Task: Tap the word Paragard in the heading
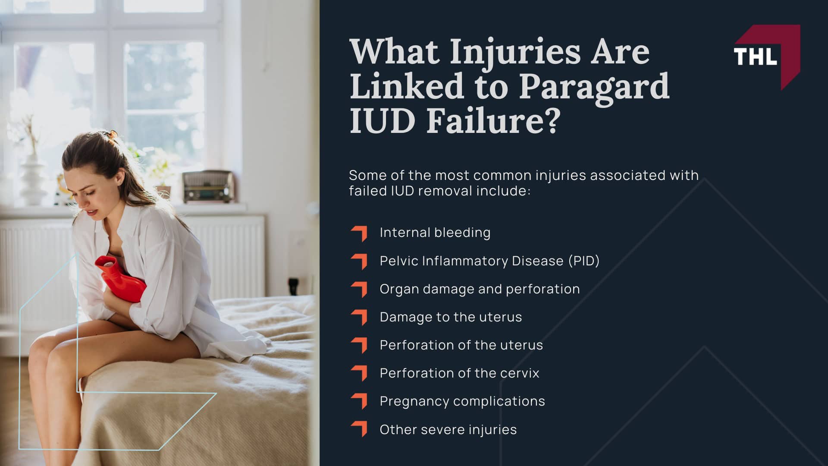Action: [x=594, y=86]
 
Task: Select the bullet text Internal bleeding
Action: [x=435, y=233]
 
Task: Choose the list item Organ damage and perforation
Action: [x=480, y=289]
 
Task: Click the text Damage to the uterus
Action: [x=451, y=317]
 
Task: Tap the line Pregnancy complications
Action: [x=462, y=401]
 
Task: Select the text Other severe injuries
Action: [x=448, y=430]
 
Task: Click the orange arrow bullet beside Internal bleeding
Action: [x=359, y=233]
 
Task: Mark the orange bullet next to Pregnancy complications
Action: [x=359, y=401]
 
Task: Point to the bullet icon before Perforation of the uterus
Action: [x=359, y=345]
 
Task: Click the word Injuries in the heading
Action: [x=515, y=53]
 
